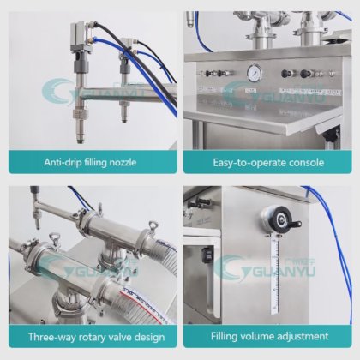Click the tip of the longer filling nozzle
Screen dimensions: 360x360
pos(80,141)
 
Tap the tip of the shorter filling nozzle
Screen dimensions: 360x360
pos(124,120)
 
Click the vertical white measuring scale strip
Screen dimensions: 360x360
pos(274,276)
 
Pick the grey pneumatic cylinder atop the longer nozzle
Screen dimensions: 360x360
pos(81,38)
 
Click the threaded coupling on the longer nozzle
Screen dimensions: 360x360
pos(79,114)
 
